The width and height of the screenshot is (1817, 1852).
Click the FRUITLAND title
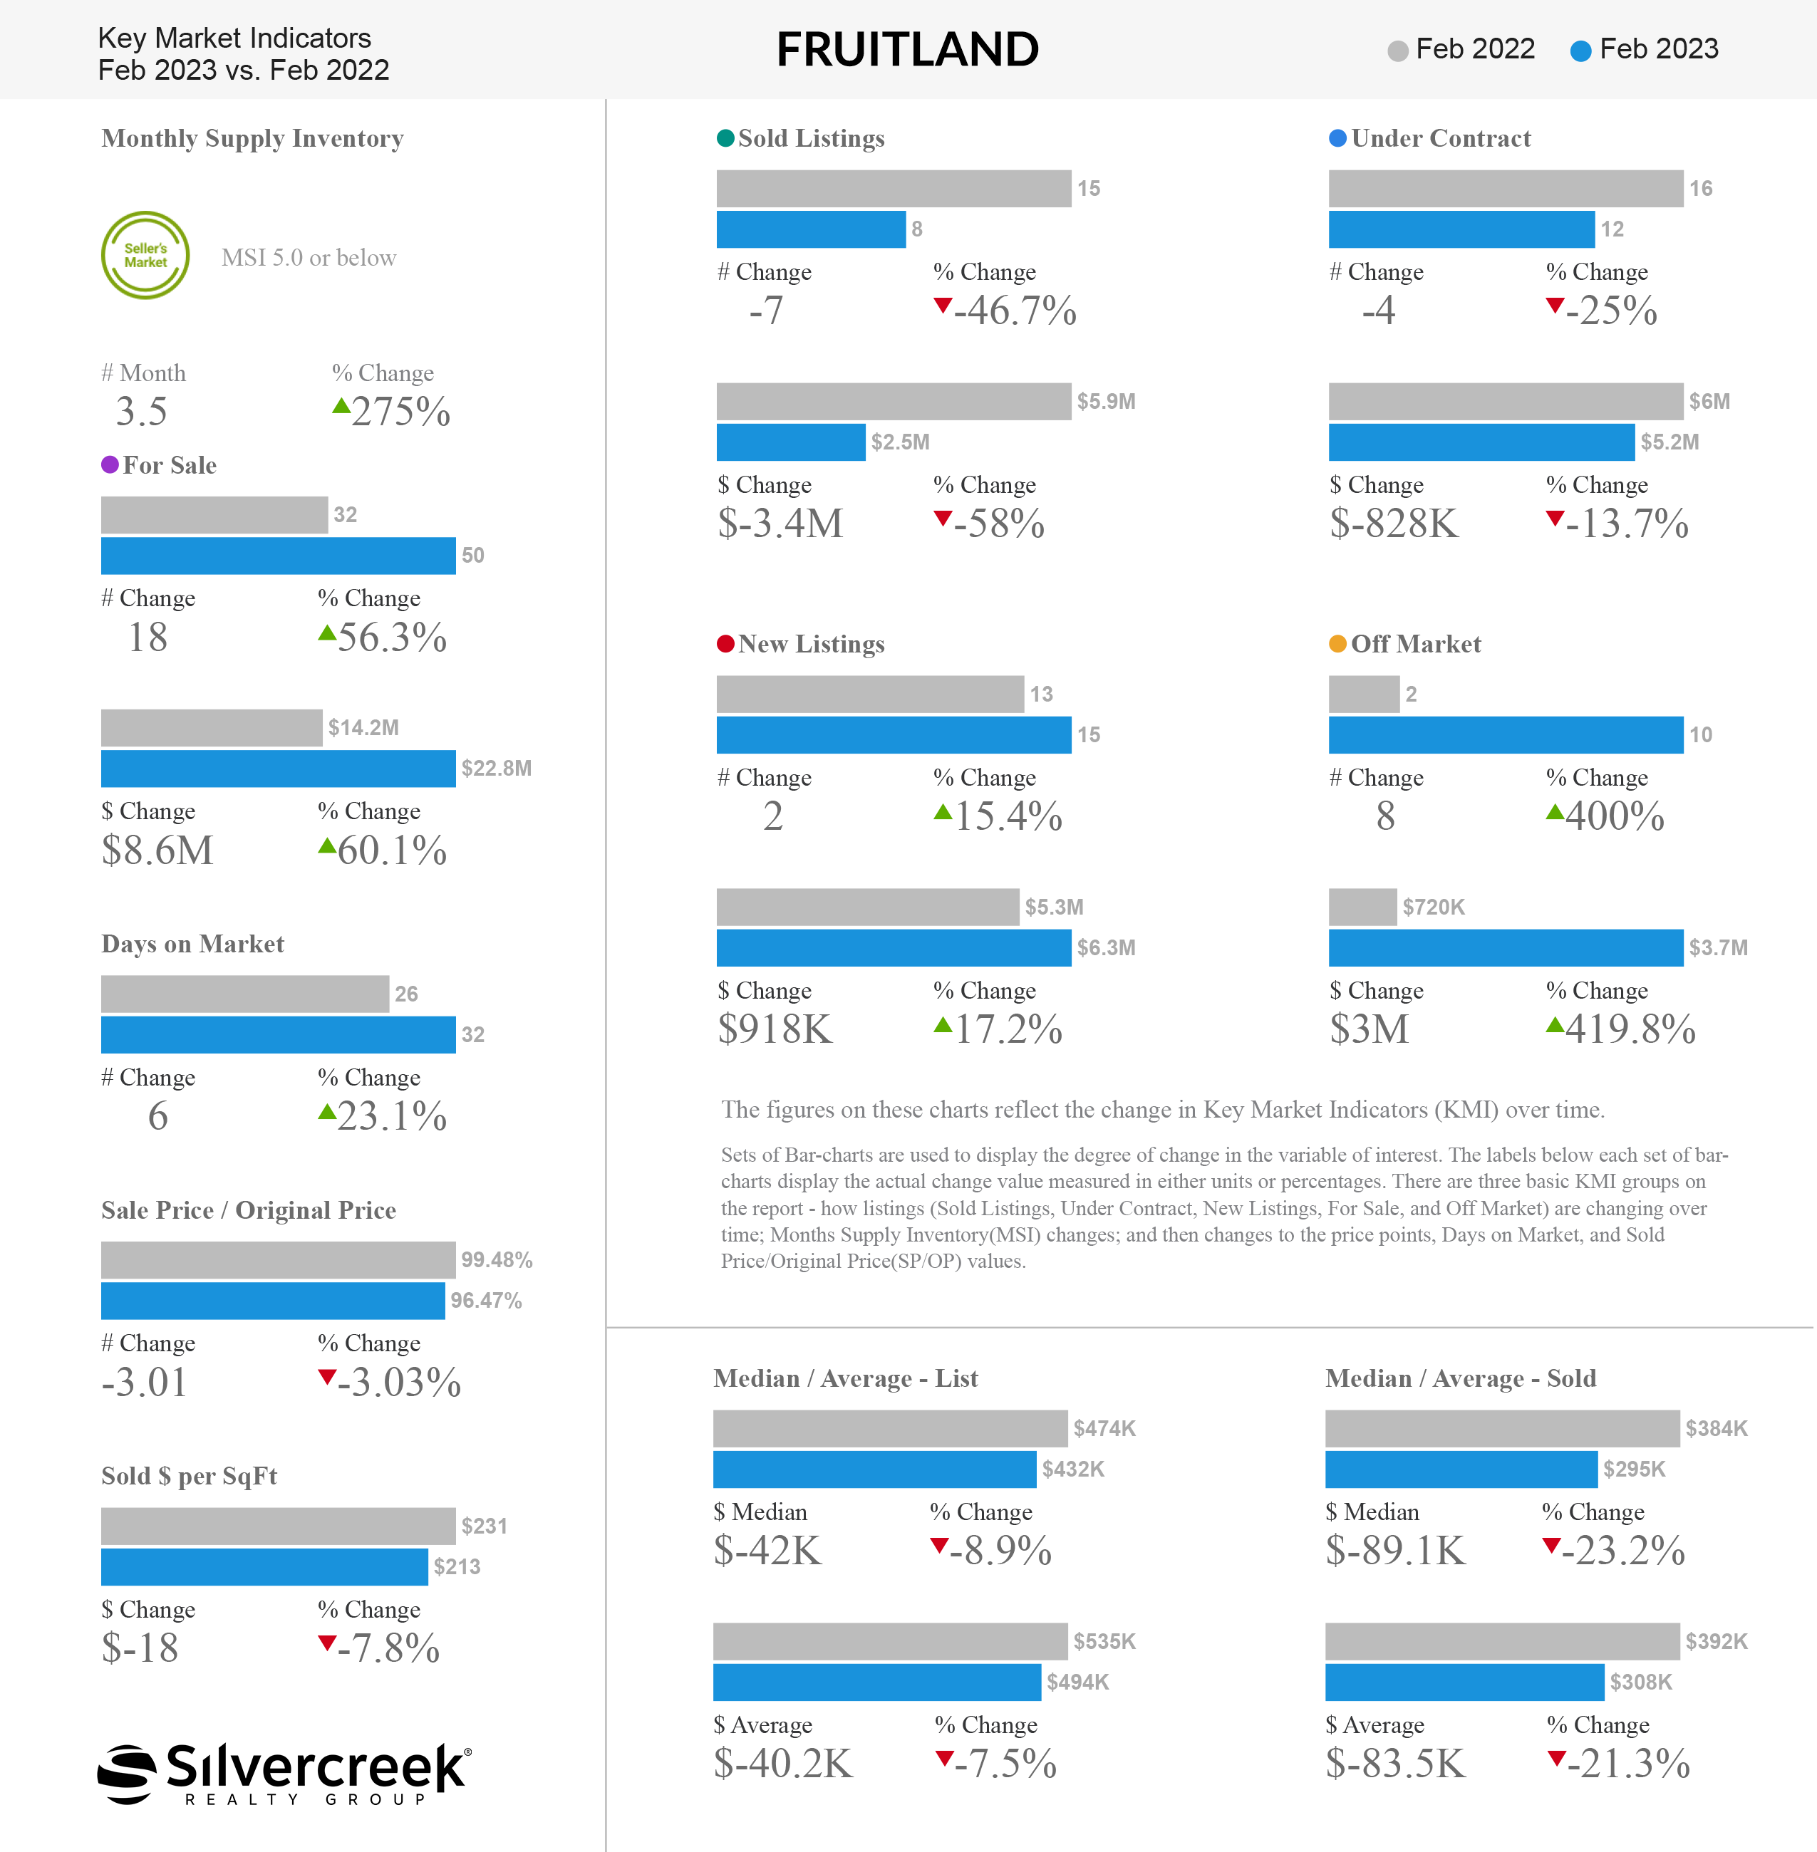click(908, 50)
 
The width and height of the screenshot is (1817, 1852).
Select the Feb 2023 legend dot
click(1580, 51)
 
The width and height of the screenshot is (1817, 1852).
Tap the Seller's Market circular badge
click(145, 256)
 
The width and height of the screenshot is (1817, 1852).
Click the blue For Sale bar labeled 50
click(279, 556)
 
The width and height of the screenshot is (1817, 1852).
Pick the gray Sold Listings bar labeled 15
click(894, 188)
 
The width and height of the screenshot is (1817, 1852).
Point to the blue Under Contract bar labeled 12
click(1461, 229)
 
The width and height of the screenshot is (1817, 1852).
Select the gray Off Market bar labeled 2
click(1364, 694)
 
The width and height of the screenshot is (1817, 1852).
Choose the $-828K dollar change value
click(1394, 524)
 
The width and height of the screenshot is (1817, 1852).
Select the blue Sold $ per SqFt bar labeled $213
click(264, 1566)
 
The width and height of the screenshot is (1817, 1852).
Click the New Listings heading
click(811, 644)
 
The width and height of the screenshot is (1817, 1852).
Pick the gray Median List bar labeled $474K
click(891, 1428)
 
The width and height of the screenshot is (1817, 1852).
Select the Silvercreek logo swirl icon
click(127, 1774)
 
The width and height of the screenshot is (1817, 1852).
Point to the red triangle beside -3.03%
click(327, 1377)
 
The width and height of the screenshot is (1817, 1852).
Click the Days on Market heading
click(193, 944)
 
